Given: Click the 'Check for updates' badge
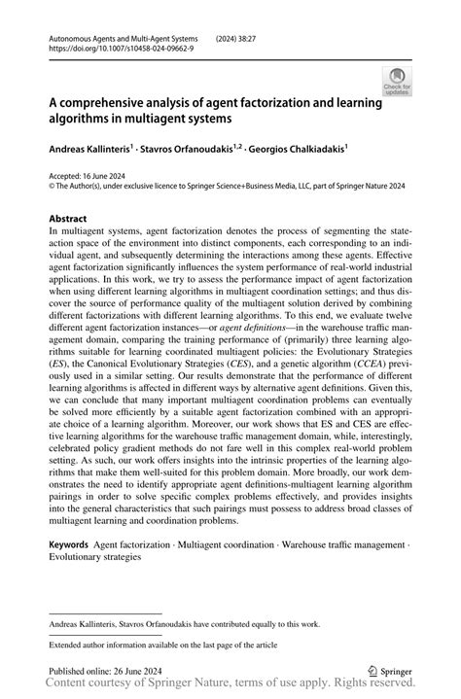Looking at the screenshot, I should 397,82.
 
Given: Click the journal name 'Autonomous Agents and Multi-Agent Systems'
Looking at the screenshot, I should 118,33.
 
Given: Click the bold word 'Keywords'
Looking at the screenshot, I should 73,545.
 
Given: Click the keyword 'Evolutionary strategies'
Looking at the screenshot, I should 95,558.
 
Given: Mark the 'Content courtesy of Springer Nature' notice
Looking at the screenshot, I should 230,686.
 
